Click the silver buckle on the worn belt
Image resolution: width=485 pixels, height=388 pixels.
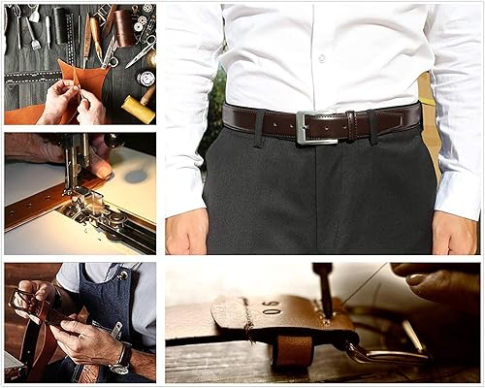(x=315, y=127)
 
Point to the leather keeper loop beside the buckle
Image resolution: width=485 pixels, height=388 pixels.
(x=350, y=125)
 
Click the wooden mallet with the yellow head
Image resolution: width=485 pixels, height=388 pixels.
(x=138, y=109)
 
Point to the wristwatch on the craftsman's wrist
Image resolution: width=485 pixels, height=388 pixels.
(x=120, y=358)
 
